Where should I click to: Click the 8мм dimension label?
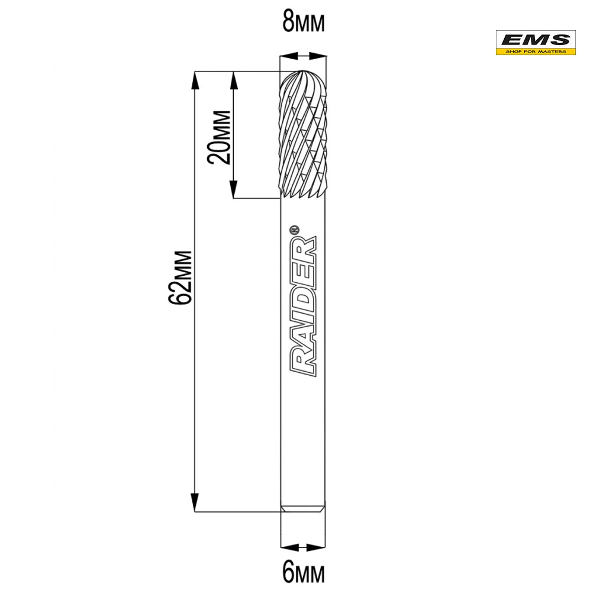304,22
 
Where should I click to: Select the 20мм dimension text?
219,137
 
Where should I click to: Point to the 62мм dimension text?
180,278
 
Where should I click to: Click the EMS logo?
536,43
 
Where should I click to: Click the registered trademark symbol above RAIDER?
294,230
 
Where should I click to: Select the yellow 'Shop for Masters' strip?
536,51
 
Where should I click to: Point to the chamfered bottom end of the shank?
303,508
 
